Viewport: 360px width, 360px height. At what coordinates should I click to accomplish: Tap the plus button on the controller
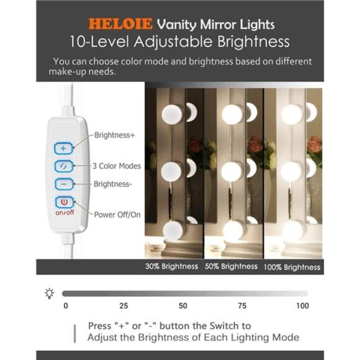[x=64, y=148]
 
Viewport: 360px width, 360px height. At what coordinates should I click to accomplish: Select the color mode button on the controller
[x=64, y=166]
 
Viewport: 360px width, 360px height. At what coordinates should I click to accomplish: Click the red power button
[x=64, y=202]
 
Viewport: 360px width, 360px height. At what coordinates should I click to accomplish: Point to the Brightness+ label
[x=115, y=135]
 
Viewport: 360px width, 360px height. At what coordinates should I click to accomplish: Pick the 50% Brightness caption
[x=231, y=266]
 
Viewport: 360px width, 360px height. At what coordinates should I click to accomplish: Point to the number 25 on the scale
[x=124, y=306]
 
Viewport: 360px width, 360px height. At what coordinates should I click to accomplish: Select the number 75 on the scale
[x=242, y=306]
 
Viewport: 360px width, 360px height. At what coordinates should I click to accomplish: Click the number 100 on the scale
[x=302, y=306]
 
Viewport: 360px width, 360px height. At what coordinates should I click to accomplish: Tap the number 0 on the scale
[x=66, y=306]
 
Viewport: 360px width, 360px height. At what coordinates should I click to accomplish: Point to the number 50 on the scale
[x=182, y=306]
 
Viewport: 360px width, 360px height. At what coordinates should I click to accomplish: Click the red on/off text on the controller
[x=64, y=213]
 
